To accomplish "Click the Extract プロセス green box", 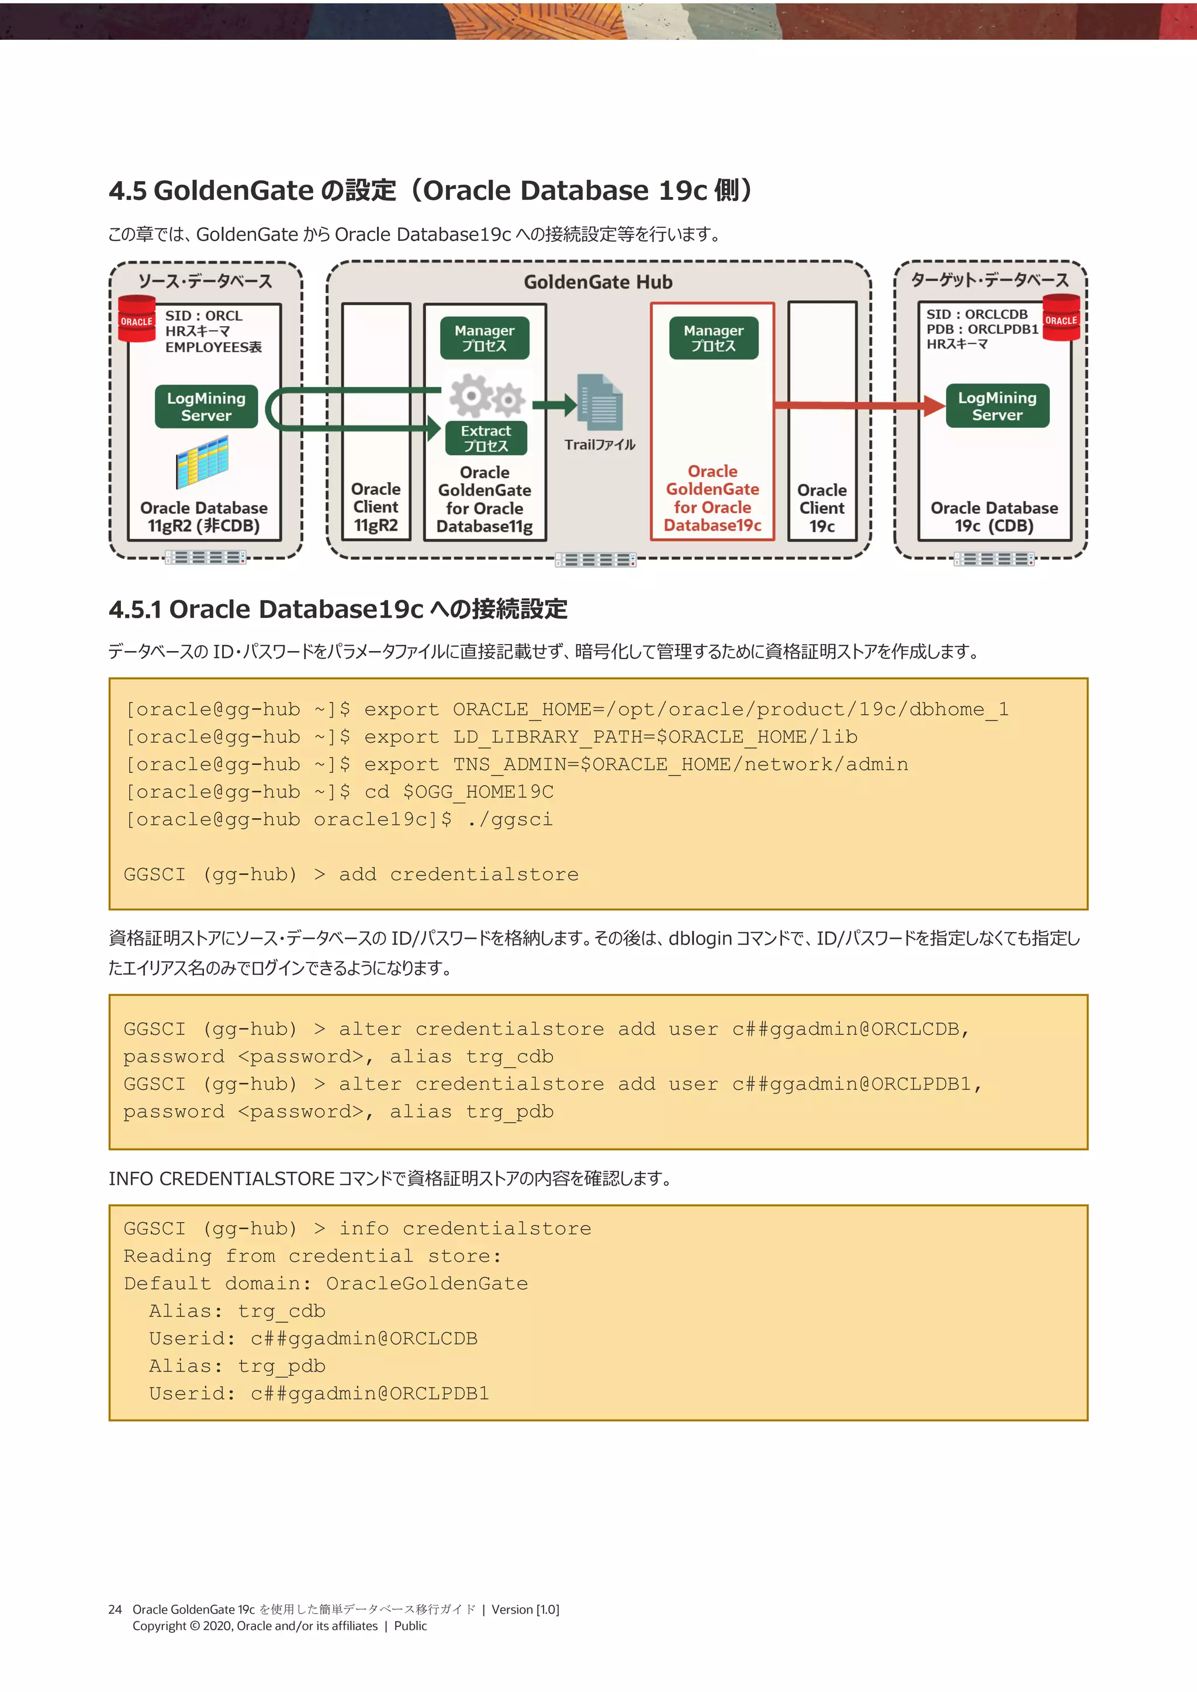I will click(486, 438).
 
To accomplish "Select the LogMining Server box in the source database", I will click(206, 406).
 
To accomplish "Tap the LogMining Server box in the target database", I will click(997, 405).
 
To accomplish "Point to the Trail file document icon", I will click(601, 402).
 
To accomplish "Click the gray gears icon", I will click(486, 396).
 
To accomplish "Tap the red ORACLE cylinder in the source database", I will click(137, 319).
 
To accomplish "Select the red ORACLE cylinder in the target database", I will click(1061, 317).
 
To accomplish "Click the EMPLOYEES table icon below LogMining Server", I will click(202, 462).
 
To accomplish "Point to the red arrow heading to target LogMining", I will click(859, 404).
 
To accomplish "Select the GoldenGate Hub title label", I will click(598, 282).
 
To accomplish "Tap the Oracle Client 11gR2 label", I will click(376, 507).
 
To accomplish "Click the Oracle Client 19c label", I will click(822, 508).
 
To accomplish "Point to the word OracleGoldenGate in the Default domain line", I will click(427, 1283).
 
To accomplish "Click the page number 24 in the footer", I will click(115, 1610).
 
